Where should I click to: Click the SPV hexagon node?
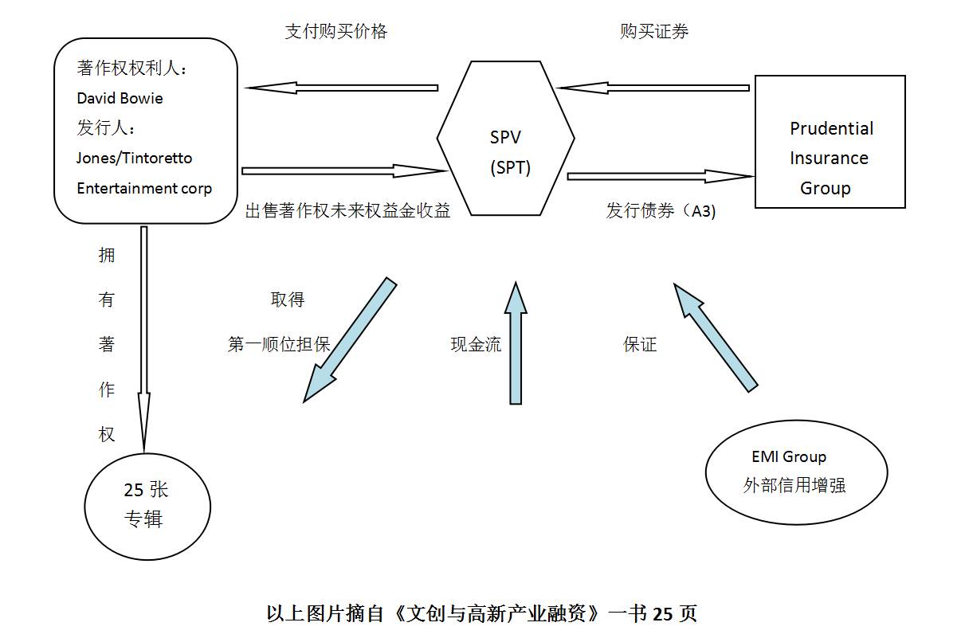click(506, 151)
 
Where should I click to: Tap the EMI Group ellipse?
click(796, 472)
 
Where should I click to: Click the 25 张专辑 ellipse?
click(147, 507)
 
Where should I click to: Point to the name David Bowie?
click(120, 99)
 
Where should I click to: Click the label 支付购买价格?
click(335, 31)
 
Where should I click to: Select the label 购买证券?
click(654, 31)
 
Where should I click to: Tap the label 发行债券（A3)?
click(661, 212)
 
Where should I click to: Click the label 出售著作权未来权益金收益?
click(347, 210)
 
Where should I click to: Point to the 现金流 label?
click(476, 345)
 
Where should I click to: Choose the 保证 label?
click(640, 345)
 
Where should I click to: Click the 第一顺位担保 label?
click(278, 345)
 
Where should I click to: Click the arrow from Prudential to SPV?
click(653, 87)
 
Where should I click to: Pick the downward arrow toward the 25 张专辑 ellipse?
click(144, 335)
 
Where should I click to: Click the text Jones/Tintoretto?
click(134, 158)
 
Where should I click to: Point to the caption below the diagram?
click(480, 613)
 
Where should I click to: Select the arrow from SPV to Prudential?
click(660, 175)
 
